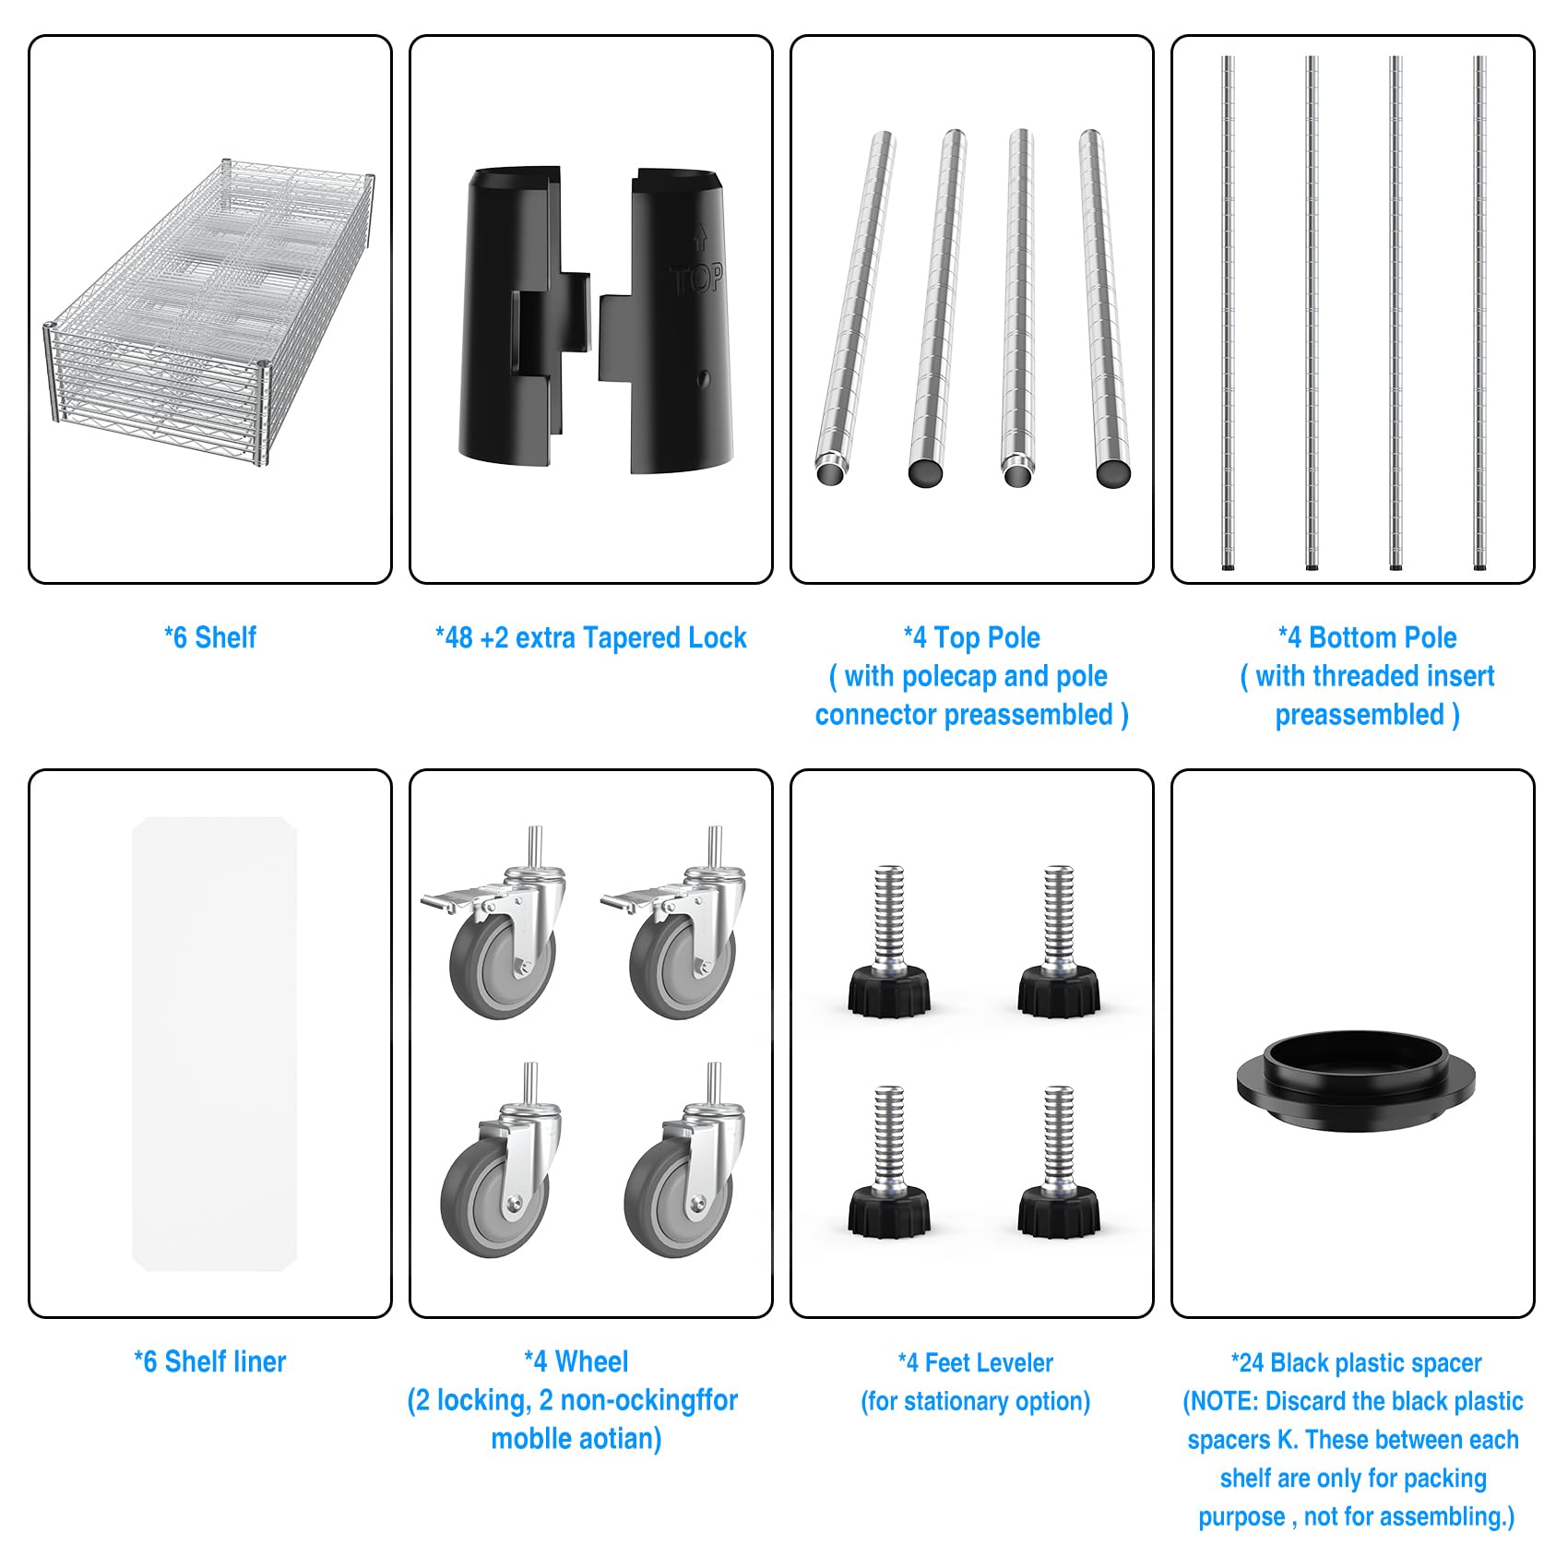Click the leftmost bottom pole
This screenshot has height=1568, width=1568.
pyautogui.click(x=1228, y=313)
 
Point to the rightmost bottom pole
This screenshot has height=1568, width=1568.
pyautogui.click(x=1479, y=313)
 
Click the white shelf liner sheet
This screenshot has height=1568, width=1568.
pyautogui.click(x=214, y=1043)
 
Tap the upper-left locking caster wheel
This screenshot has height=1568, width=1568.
pyautogui.click(x=494, y=922)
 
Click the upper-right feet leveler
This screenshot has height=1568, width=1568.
pyautogui.click(x=1058, y=941)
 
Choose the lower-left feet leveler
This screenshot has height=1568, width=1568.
pyautogui.click(x=888, y=1162)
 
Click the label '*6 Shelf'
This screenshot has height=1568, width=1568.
pyautogui.click(x=210, y=637)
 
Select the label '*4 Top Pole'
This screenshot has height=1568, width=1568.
pyautogui.click(x=972, y=637)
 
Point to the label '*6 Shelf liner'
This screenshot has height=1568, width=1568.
pyautogui.click(x=210, y=1361)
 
